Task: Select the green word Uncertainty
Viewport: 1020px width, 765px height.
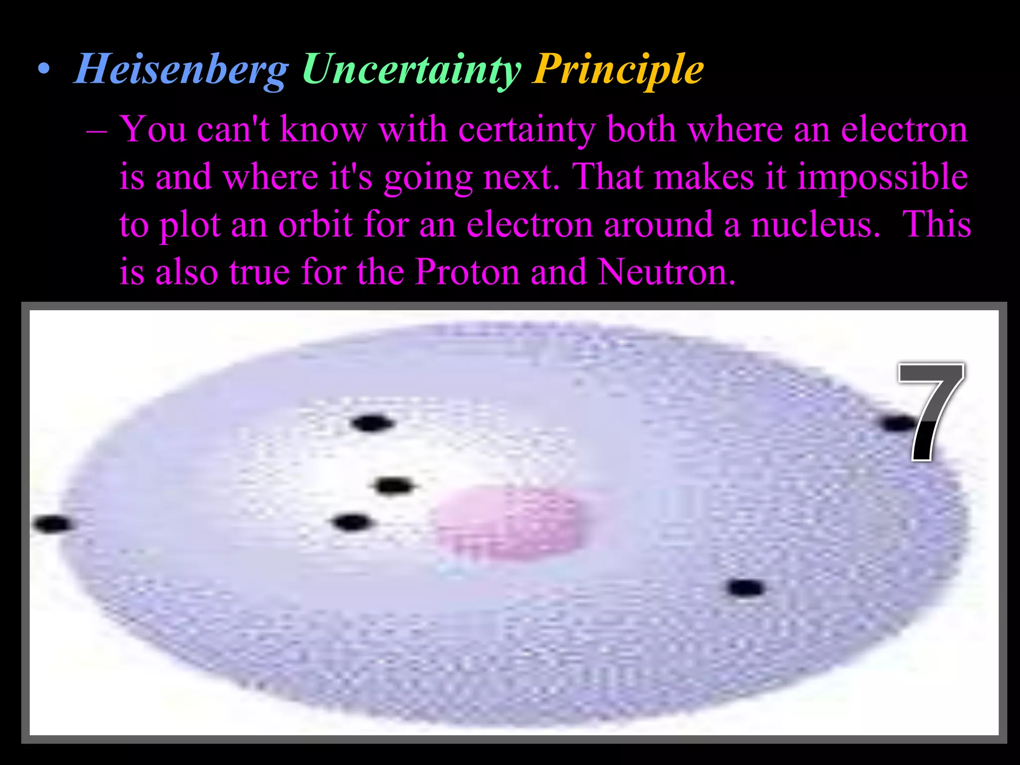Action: pyautogui.click(x=411, y=70)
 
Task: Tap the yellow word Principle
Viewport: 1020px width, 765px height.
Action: pyautogui.click(x=618, y=70)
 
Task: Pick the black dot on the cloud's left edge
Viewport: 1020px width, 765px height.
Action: pyautogui.click(x=53, y=524)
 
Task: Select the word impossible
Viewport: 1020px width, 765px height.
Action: pyautogui.click(x=882, y=177)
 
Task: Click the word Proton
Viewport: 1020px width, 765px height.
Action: pyautogui.click(x=467, y=272)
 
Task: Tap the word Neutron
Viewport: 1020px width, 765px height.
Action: pyautogui.click(x=666, y=272)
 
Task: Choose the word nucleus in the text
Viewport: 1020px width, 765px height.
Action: pyautogui.click(x=816, y=225)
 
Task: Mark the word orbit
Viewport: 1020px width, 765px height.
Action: pyautogui.click(x=316, y=225)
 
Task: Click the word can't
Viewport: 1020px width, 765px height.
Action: pyautogui.click(x=233, y=129)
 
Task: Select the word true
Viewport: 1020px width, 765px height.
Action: pyautogui.click(x=259, y=273)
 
